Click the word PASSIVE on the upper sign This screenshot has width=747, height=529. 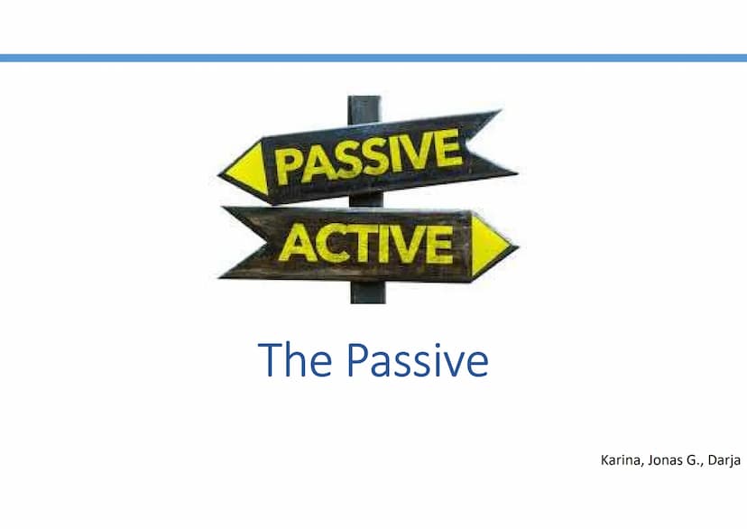(x=368, y=156)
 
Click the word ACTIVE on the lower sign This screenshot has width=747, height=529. (x=366, y=244)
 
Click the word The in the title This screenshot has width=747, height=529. (x=294, y=359)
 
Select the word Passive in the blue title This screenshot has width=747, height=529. (x=418, y=359)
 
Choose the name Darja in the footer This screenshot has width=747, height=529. (x=724, y=461)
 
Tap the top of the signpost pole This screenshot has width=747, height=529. (x=364, y=97)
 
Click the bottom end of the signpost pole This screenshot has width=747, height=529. (x=368, y=302)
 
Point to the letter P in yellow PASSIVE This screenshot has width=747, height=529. (x=288, y=167)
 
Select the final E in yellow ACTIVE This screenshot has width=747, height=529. (x=439, y=244)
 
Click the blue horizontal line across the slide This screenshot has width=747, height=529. (x=373, y=58)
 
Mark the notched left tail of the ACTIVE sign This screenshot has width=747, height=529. (x=244, y=242)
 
